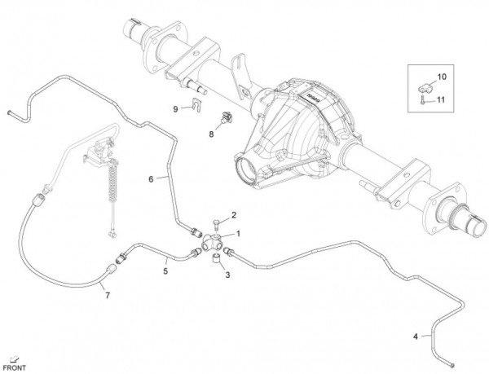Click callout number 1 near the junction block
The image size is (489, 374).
239,233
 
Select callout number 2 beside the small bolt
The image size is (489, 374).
233,215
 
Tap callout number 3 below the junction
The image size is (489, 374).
228,275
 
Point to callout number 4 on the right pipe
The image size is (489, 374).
417,336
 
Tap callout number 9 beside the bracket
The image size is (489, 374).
174,108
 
